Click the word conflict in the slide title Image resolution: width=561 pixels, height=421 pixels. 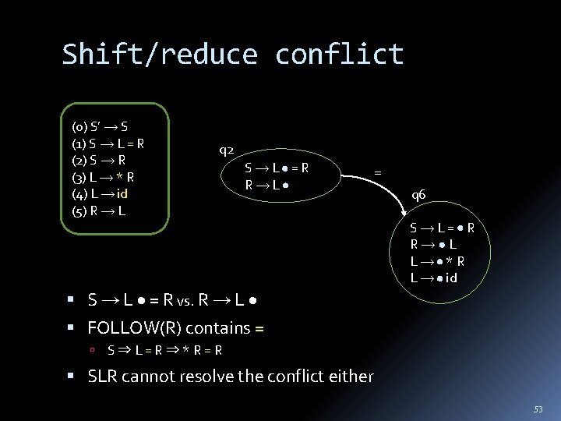(340, 55)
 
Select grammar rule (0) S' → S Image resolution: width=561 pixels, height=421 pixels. (101, 126)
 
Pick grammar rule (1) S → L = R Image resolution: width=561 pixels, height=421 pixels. (108, 143)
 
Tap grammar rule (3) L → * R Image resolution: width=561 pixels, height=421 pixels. (103, 178)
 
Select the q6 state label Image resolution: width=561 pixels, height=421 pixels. (418, 195)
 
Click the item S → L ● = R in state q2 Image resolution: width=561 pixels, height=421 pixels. (277, 168)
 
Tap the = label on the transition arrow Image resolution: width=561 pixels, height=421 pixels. (378, 173)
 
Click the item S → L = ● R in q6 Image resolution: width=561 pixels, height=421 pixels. (443, 228)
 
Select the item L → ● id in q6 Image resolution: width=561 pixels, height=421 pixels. (434, 278)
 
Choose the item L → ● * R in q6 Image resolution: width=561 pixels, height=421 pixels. (438, 261)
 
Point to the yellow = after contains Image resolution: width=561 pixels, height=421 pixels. (259, 328)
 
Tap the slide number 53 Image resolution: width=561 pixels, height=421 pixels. (538, 409)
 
